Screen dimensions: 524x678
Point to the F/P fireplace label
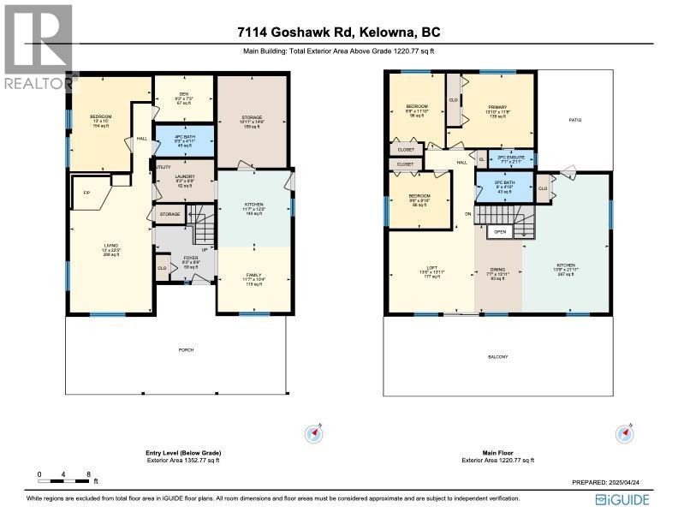point(86,193)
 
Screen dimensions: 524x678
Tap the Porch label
point(185,350)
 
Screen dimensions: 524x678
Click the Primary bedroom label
point(497,107)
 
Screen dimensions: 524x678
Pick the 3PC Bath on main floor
point(497,187)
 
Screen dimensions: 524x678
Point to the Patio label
point(575,121)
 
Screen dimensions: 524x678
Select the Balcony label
point(498,356)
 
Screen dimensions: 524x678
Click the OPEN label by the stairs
point(500,231)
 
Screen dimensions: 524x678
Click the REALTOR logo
point(39,47)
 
